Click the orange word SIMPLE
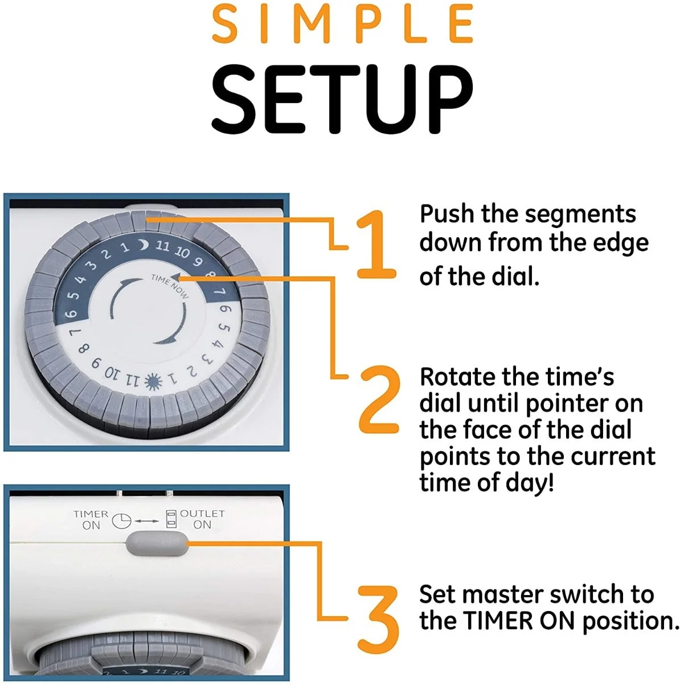(x=342, y=25)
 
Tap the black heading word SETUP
(x=342, y=99)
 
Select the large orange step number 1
(x=376, y=244)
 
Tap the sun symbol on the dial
(x=153, y=382)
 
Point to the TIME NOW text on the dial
(x=170, y=286)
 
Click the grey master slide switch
(x=157, y=544)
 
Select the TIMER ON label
(x=91, y=520)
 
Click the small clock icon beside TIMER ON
(x=122, y=521)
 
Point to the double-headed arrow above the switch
(x=147, y=521)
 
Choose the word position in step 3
(x=630, y=623)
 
